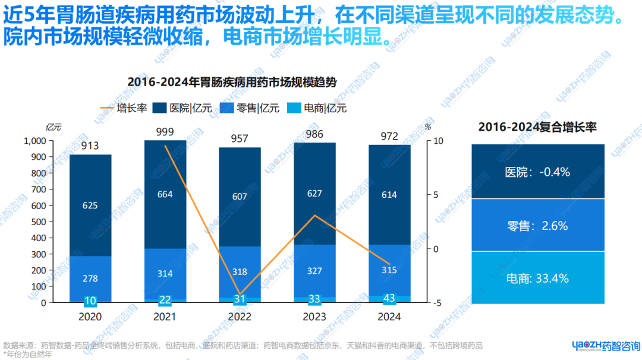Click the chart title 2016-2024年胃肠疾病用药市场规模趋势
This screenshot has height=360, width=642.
coord(232,83)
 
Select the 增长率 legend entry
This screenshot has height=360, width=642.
coord(124,108)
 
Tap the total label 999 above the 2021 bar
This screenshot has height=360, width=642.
coord(165,131)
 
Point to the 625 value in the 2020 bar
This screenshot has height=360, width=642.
coord(90,206)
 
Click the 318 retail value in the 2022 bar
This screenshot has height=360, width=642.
coord(240,271)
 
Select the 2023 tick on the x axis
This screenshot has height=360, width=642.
coord(314,317)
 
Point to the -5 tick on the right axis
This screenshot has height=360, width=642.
coord(437,303)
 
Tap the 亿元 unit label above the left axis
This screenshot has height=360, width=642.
coord(53,127)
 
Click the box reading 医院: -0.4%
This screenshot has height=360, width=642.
coord(537,172)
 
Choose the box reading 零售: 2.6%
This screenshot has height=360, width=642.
coord(537,226)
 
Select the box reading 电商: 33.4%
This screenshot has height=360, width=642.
coord(537,278)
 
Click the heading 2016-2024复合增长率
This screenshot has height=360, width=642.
coord(537,127)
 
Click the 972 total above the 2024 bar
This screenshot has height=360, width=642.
coord(389,137)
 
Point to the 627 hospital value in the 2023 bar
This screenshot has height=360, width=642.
coord(314,193)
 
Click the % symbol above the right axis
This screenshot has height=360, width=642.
coord(428,127)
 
